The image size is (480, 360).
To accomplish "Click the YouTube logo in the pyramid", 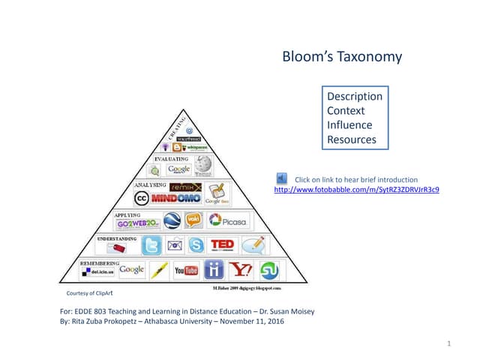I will pos(185,269).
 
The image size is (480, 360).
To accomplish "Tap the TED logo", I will pos(222,244).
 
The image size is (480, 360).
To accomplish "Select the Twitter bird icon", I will pos(151,245).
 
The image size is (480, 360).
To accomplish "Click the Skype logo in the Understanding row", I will pos(196,244).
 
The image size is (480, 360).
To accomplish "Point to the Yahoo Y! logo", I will pos(241,269).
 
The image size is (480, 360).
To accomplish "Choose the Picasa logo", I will pos(228,220).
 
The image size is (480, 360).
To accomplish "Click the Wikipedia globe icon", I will pos(203,166).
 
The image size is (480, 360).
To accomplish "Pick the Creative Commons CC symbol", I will pos(140,199).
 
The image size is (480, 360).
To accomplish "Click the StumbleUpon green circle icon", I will pos(268,269).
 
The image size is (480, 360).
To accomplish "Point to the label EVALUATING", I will pos(171,159).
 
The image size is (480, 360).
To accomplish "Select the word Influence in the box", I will pos(349,125).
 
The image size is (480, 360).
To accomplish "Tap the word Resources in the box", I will pos(352,139).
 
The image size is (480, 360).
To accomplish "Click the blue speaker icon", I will pos(282,178).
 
